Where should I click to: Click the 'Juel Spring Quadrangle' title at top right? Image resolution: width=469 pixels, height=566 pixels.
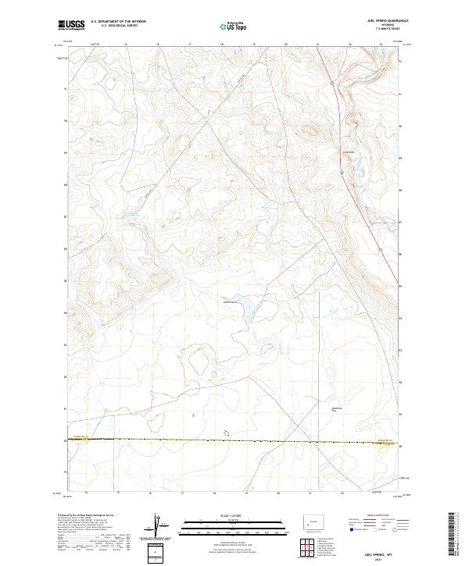click(x=376, y=23)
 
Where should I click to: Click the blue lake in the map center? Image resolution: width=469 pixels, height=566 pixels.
click(x=244, y=307)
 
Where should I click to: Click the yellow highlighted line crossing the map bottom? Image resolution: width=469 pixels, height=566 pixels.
click(x=234, y=441)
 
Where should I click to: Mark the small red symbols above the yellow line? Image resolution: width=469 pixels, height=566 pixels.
click(x=227, y=431)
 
